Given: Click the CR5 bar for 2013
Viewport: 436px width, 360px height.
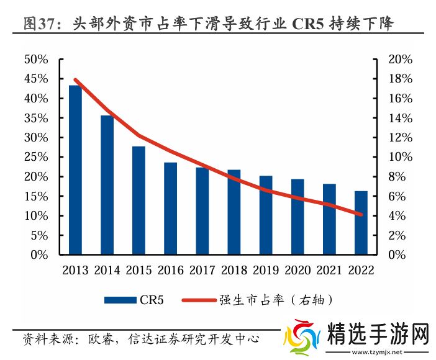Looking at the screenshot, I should click(75, 170).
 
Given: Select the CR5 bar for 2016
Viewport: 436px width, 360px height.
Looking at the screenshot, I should click(170, 209).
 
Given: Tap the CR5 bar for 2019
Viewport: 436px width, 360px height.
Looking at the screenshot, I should click(266, 215).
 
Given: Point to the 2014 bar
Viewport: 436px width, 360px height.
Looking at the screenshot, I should click(107, 185).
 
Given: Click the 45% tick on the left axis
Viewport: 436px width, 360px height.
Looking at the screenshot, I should click(35, 79).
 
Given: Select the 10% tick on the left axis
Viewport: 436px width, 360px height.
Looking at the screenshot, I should click(35, 216).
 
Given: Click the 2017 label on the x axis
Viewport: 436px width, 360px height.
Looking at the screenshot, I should click(202, 271).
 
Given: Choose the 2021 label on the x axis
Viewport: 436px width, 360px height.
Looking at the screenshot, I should click(329, 271).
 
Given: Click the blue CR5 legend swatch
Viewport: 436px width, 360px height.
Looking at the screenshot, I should click(120, 300).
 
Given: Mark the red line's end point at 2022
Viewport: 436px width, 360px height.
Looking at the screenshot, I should click(361, 215).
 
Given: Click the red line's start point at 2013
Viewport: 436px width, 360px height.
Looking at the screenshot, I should click(75, 79).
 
